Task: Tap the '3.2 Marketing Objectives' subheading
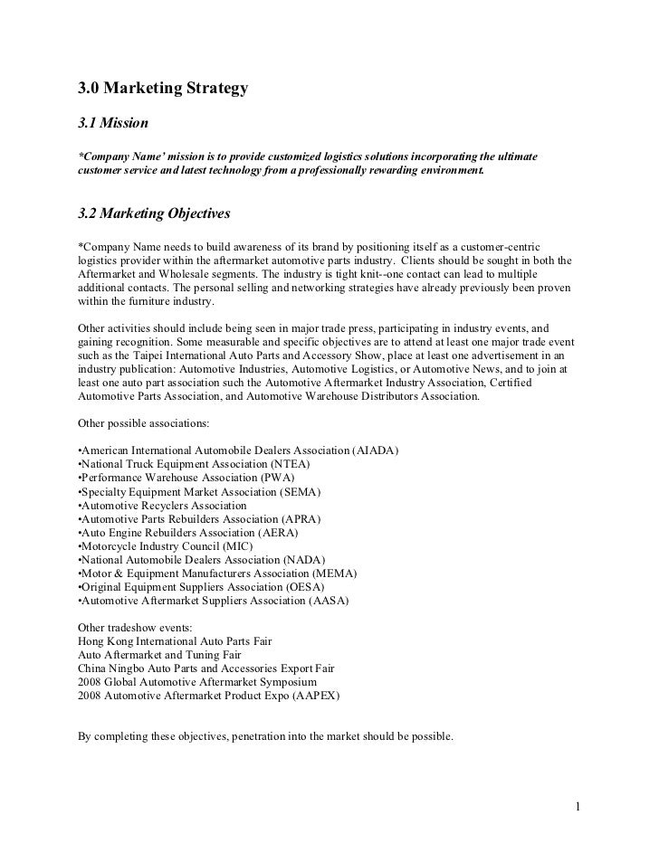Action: coord(155,214)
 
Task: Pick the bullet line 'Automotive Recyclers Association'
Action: coord(163,506)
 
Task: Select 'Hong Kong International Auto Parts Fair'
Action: coord(176,640)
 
